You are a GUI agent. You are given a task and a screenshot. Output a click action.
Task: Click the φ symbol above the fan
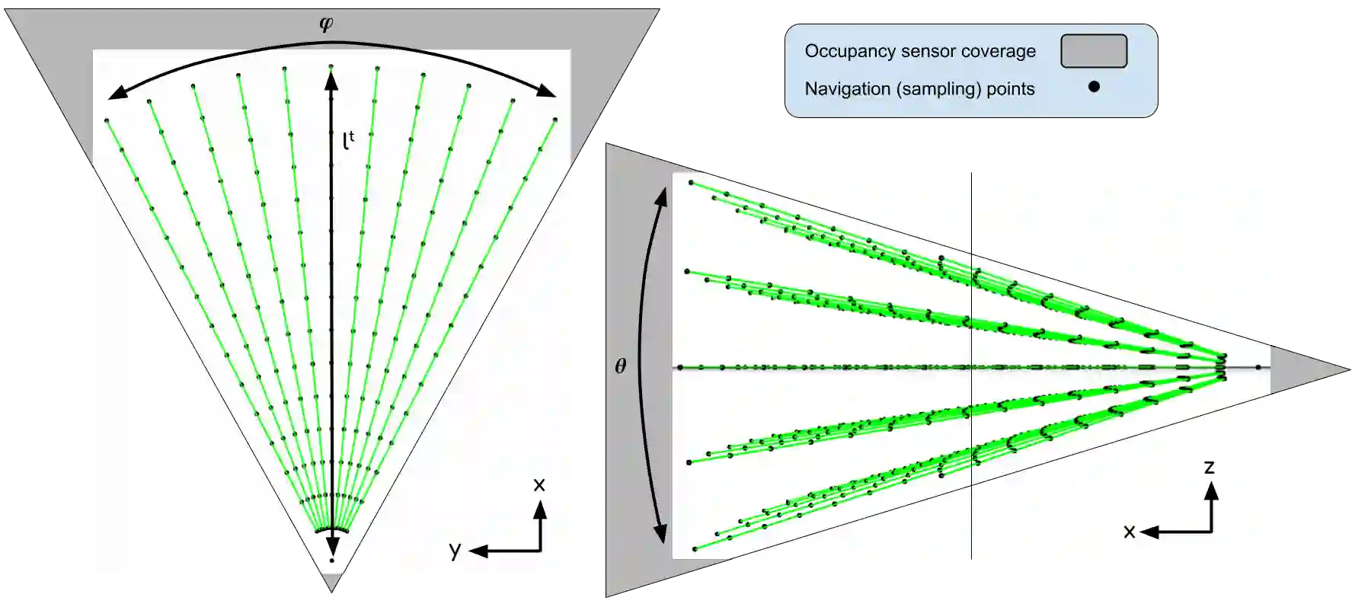tap(326, 24)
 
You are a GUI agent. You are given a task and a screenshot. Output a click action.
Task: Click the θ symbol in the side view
tap(621, 366)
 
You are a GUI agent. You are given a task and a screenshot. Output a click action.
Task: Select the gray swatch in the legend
tap(1094, 51)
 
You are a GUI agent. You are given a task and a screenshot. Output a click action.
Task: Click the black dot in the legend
tap(1094, 87)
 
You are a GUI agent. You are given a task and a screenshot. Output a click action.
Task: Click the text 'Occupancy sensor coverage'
tap(920, 51)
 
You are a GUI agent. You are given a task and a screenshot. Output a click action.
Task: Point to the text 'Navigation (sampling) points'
tap(919, 89)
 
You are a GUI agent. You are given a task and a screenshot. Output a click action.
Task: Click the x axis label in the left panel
tap(539, 484)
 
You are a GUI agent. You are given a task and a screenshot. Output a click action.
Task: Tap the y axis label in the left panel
tap(455, 550)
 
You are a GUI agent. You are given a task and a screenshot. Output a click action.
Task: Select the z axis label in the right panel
tap(1209, 467)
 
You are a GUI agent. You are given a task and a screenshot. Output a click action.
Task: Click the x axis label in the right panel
tap(1130, 532)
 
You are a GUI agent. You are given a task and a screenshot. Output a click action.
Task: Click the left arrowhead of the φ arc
tap(115, 94)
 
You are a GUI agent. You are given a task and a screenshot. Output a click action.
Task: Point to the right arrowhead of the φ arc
tap(548, 92)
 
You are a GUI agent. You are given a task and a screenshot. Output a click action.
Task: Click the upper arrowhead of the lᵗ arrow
tap(331, 78)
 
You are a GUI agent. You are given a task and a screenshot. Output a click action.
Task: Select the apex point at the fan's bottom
tap(331, 561)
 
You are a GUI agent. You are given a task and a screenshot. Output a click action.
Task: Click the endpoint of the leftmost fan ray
tap(107, 120)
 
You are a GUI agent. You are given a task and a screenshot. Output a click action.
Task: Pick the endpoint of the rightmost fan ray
tap(555, 120)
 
